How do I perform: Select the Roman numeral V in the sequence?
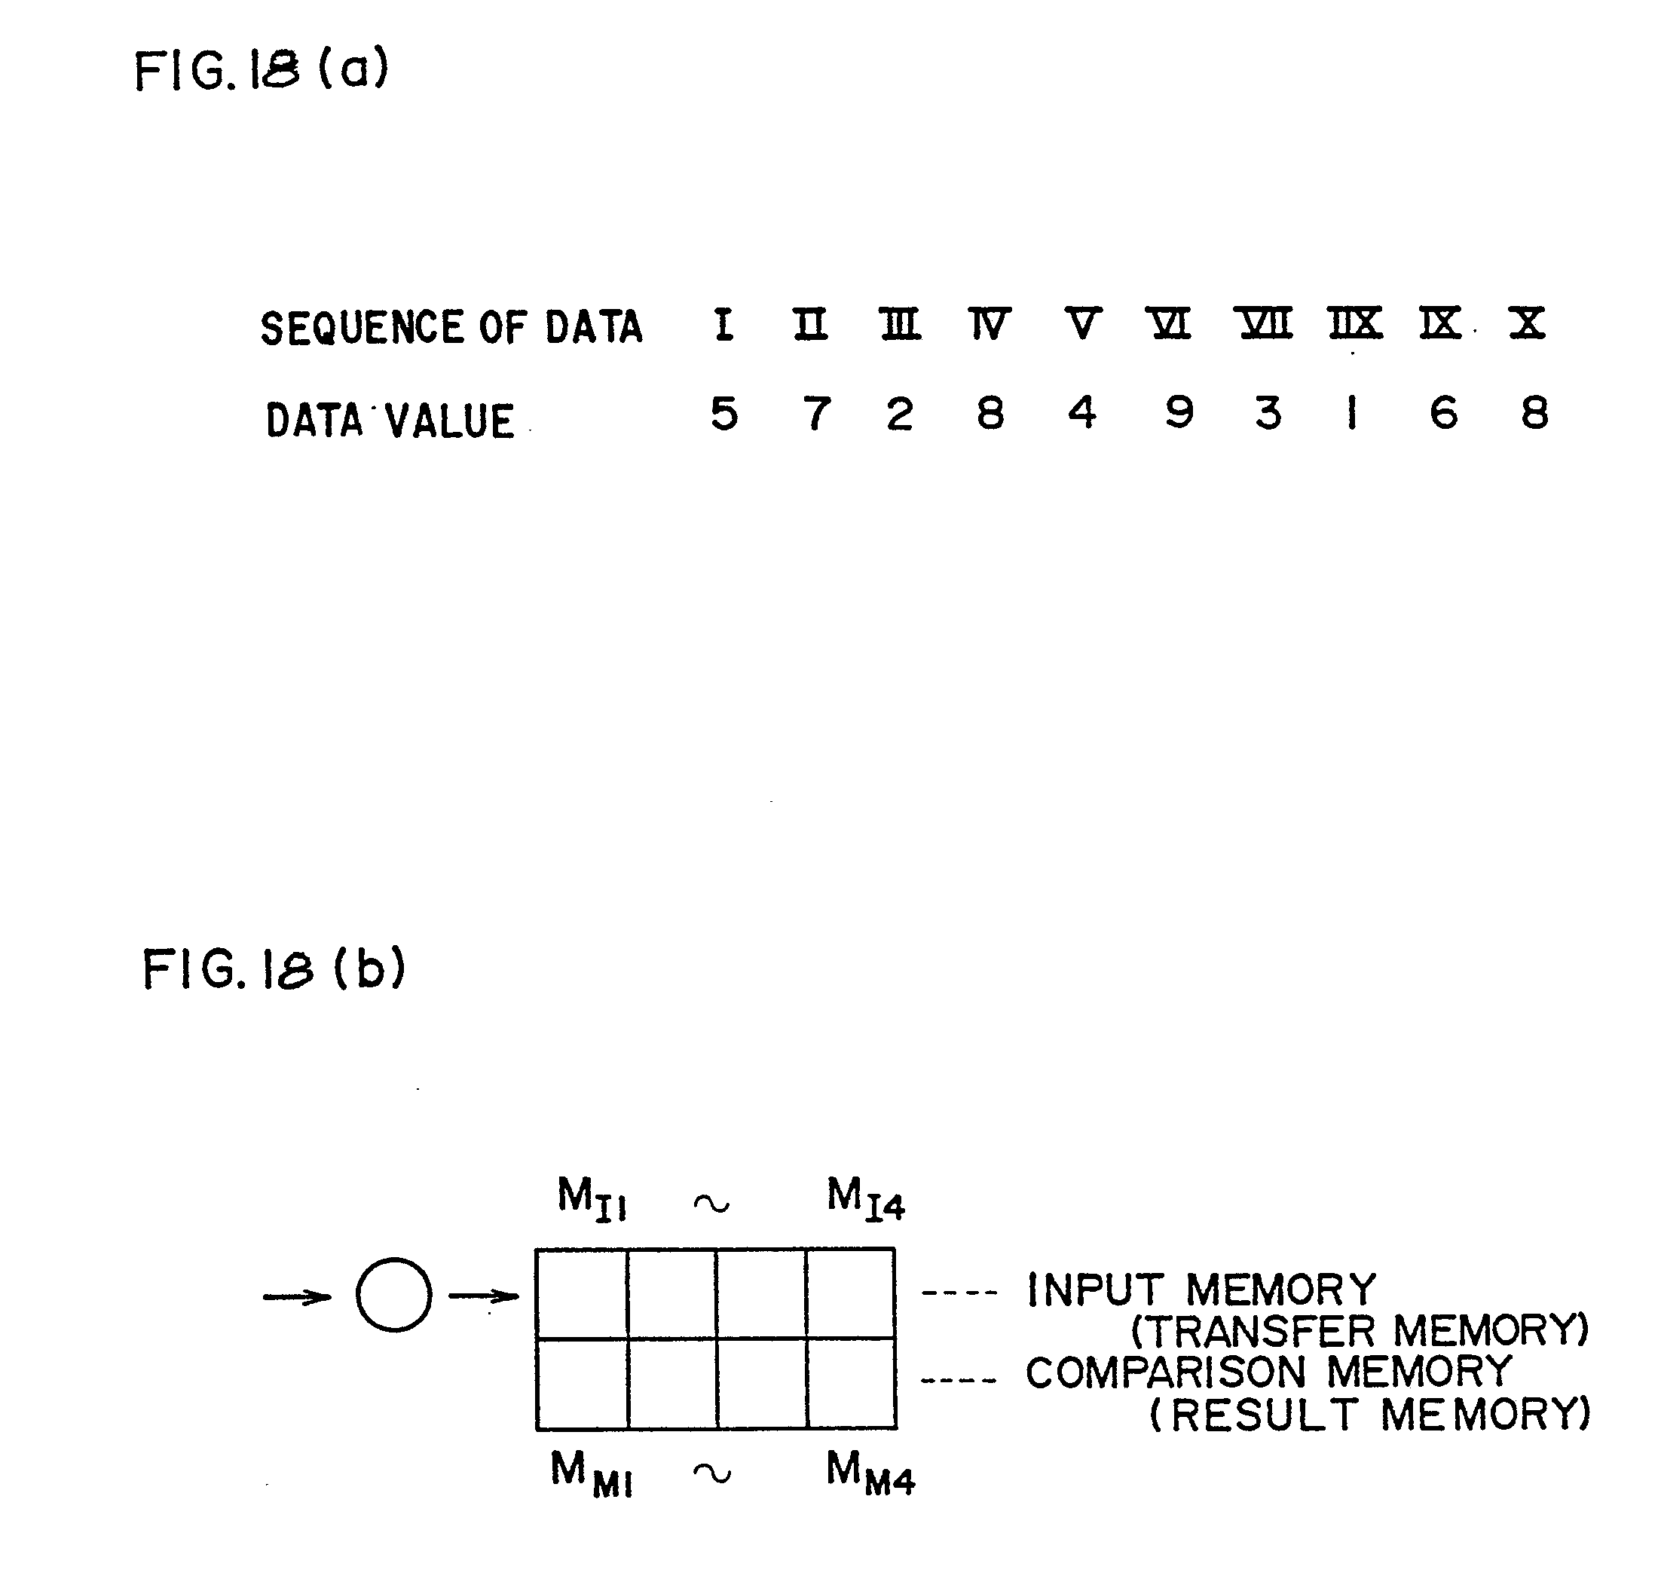pos(1081,323)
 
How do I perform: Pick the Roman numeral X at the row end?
pos(1528,323)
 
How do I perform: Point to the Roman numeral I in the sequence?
pos(723,324)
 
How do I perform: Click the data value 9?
pos(1179,413)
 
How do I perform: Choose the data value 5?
pos(724,414)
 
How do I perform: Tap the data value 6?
pos(1443,413)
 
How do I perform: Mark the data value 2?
pos(900,414)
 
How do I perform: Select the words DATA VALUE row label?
pos(390,420)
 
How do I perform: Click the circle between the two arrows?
pos(393,1295)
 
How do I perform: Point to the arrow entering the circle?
pos(296,1296)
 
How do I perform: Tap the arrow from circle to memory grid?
pos(482,1296)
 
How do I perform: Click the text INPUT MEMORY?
pos(1201,1290)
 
